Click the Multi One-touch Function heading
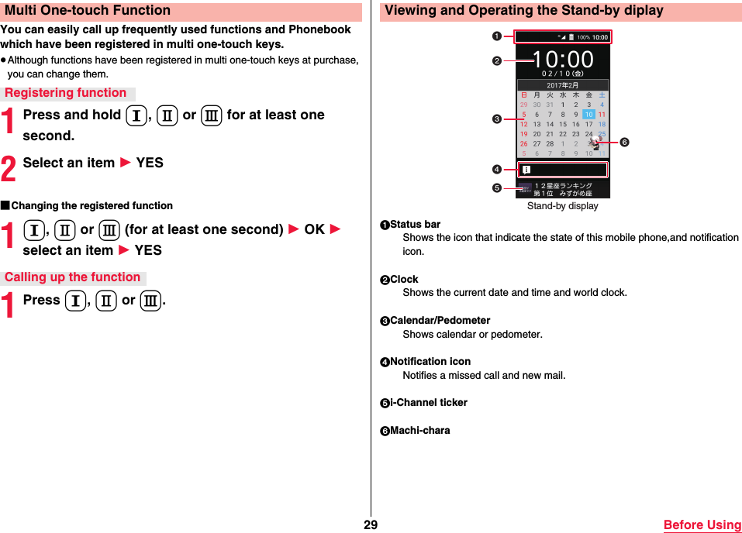88,11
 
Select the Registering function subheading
66,93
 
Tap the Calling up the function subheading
73,277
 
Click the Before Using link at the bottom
702,524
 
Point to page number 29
370,524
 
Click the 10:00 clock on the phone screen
563,60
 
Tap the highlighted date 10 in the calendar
588,115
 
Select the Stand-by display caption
562,206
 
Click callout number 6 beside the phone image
623,143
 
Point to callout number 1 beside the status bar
496,35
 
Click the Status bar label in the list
415,225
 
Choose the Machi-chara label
419,430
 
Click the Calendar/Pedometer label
440,320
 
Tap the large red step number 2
9,165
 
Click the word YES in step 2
150,163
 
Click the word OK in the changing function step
314,229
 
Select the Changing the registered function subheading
91,205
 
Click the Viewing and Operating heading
524,11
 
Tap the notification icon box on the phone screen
562,170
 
